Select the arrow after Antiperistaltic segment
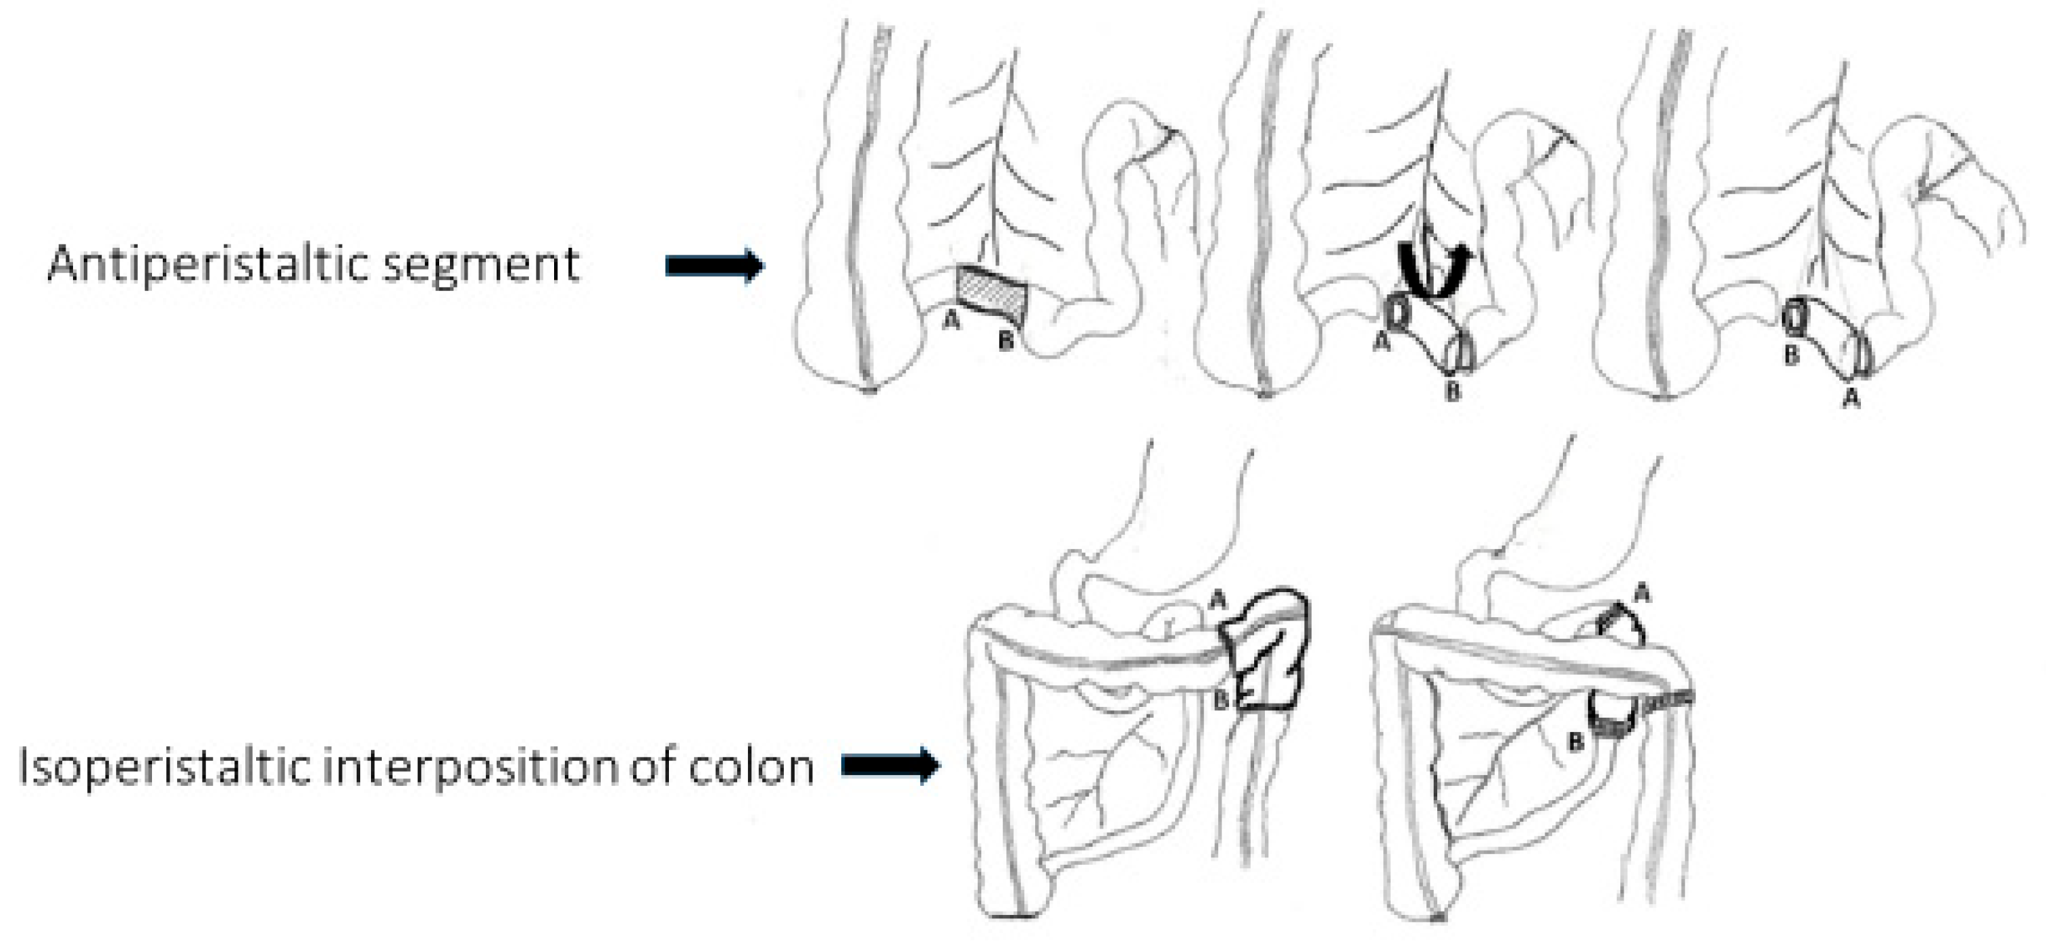pyautogui.click(x=714, y=266)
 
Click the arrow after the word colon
pyautogui.click(x=891, y=766)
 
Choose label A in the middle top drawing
pyautogui.click(x=1381, y=342)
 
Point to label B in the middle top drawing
pyautogui.click(x=1452, y=391)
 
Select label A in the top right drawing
pyautogui.click(x=1851, y=398)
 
